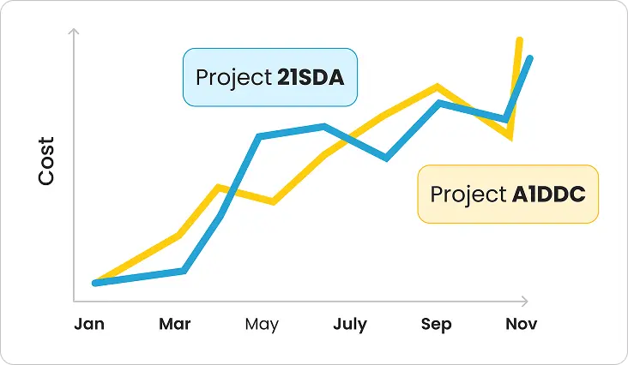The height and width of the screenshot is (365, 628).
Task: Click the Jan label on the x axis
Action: pos(89,325)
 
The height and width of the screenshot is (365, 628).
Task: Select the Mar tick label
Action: pos(175,325)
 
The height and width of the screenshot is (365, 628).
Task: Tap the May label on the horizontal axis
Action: pos(262,325)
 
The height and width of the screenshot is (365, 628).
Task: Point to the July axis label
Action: pos(350,325)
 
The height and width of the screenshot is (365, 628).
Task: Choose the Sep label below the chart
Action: pos(436,325)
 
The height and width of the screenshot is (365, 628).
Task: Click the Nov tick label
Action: pos(521,325)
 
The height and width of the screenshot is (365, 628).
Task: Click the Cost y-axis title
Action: pos(46,161)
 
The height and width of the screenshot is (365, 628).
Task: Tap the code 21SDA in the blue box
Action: pos(311,78)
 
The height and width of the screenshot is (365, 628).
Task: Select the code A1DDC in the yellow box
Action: pos(549,194)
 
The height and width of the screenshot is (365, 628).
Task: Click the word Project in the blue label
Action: pos(233,78)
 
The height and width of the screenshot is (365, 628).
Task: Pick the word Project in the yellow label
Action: pos(468,194)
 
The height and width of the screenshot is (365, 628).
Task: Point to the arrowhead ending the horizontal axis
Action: pos(524,302)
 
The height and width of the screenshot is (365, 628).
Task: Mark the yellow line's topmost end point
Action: pos(519,39)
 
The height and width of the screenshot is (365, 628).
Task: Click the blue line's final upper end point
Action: pos(532,58)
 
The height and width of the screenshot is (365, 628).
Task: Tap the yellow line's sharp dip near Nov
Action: pos(510,135)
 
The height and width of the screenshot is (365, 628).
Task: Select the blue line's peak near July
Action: pos(323,127)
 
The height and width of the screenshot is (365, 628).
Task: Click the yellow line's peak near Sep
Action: pos(438,87)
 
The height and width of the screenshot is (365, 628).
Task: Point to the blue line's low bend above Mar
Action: pos(184,271)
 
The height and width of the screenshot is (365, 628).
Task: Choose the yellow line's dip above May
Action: pos(272,201)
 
